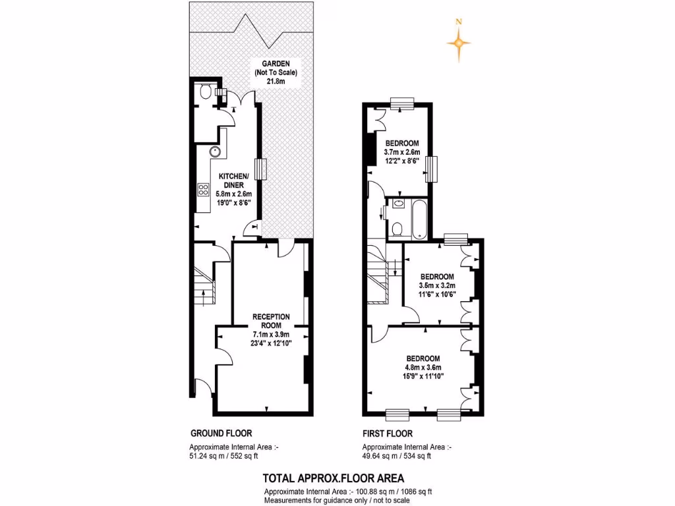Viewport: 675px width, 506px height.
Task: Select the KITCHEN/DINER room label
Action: [233, 181]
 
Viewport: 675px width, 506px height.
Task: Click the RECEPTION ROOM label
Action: [271, 321]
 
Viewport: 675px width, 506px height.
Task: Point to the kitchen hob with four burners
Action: [202, 190]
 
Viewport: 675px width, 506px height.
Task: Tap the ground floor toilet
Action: [205, 91]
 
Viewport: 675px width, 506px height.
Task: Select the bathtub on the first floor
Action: [419, 219]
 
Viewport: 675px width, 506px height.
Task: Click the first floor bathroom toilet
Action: [397, 229]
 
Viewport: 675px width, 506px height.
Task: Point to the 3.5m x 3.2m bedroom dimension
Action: [436, 285]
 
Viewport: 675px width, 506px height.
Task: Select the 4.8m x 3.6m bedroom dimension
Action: [423, 368]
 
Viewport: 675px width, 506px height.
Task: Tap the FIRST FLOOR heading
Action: [388, 434]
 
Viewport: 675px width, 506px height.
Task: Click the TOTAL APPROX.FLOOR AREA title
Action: [334, 478]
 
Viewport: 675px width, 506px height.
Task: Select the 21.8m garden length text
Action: [275, 81]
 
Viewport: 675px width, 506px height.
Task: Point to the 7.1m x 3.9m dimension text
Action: [271, 334]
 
